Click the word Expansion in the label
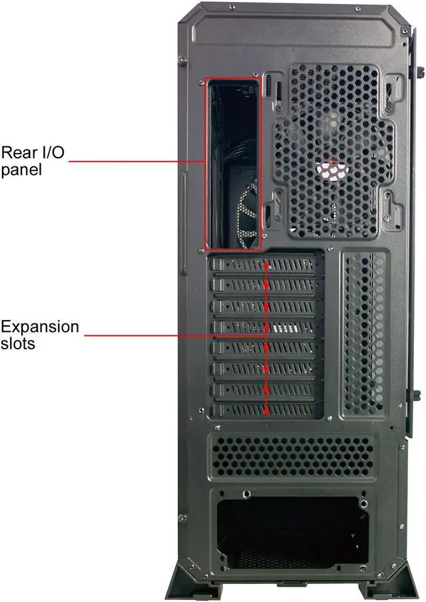click(x=39, y=327)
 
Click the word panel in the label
click(x=21, y=170)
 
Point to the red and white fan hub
click(x=333, y=168)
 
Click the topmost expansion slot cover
click(x=266, y=265)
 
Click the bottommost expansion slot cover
click(x=266, y=411)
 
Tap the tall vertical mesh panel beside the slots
click(x=363, y=333)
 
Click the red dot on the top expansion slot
click(x=266, y=265)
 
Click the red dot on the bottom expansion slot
click(x=266, y=411)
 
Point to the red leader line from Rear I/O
click(x=136, y=160)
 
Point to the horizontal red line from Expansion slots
click(x=173, y=335)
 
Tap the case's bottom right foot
click(x=386, y=581)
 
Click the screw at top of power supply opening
click(x=247, y=494)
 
